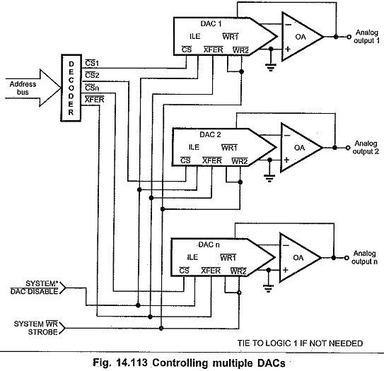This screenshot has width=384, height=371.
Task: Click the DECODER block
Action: click(71, 88)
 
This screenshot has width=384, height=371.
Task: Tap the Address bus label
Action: click(23, 88)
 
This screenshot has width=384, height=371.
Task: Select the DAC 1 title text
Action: click(211, 23)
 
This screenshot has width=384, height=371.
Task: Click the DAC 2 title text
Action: click(210, 134)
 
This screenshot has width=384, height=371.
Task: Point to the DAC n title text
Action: click(209, 245)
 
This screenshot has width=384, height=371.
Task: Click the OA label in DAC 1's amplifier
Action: click(301, 37)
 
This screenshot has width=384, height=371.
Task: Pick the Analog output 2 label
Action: click(366, 147)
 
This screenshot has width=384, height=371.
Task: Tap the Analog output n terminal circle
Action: click(347, 258)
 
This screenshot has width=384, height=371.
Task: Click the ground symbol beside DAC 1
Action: click(271, 66)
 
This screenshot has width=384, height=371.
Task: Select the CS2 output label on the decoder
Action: click(92, 75)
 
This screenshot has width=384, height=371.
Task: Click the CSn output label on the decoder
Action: click(92, 87)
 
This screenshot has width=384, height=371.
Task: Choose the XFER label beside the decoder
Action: click(95, 100)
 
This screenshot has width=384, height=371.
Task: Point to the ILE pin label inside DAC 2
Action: click(194, 147)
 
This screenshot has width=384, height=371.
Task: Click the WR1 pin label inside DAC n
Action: click(228, 257)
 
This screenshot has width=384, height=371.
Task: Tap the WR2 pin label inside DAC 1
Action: click(240, 50)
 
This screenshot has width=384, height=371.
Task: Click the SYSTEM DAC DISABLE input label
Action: click(35, 288)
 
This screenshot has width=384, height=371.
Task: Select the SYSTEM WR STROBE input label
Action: click(36, 328)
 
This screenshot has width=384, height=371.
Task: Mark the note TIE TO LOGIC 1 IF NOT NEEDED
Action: click(300, 343)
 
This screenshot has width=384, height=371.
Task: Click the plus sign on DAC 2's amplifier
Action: click(286, 160)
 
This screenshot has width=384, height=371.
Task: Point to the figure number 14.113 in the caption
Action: click(132, 363)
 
